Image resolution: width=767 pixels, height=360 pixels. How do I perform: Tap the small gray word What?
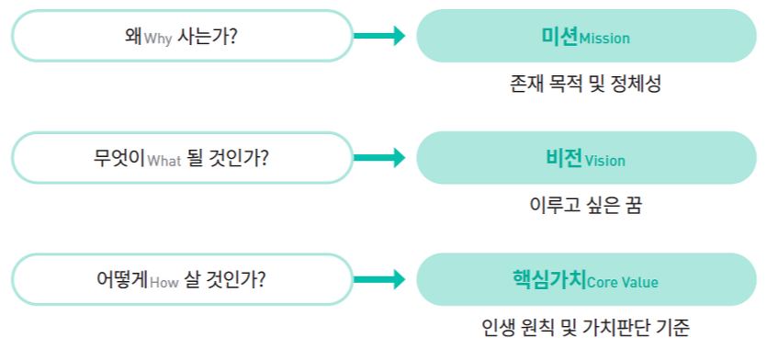point(165,161)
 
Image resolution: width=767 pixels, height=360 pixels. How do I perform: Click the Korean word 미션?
point(558,36)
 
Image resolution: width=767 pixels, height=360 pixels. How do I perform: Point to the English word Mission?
point(603,39)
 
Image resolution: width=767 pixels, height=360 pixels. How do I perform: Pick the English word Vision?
point(604,161)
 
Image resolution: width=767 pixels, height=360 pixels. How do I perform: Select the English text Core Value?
point(622,282)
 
